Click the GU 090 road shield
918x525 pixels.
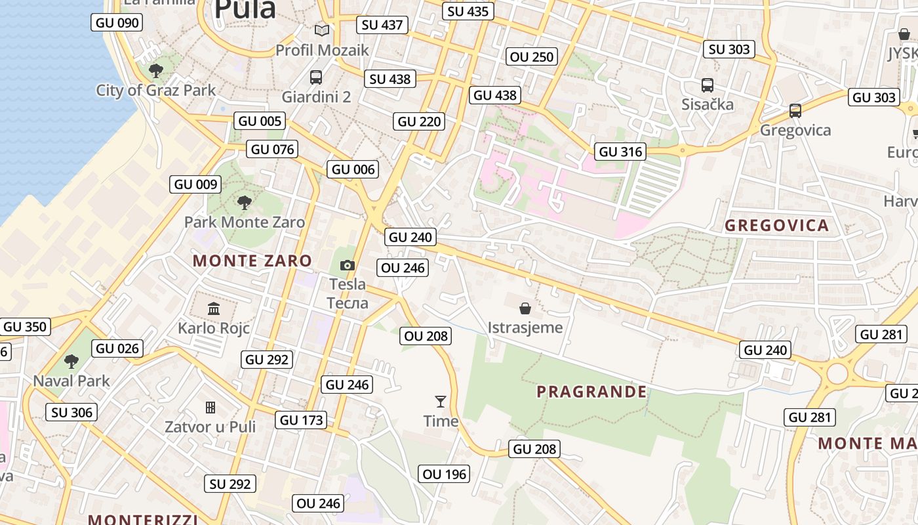coord(117,23)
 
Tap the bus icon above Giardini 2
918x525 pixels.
coord(316,77)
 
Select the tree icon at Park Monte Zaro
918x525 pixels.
coord(245,202)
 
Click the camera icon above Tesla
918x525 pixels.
coord(348,265)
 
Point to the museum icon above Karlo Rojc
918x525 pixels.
coord(214,308)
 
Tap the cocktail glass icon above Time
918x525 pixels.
coord(441,401)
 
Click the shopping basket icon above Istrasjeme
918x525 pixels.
coord(525,308)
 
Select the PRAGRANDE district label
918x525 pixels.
coord(591,392)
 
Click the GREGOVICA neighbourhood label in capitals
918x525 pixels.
coord(776,226)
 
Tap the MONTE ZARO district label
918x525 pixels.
coord(252,261)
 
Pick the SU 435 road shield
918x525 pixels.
coord(468,11)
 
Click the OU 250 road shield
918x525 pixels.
coord(532,57)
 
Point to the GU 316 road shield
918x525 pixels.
coord(621,152)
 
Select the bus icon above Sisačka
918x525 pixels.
coord(707,85)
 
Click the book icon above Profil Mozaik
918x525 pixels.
coord(321,30)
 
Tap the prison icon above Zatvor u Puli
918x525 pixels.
coord(210,408)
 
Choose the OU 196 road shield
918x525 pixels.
coord(444,474)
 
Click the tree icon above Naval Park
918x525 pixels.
coord(71,361)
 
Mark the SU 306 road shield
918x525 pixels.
coord(72,412)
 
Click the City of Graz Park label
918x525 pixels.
coord(155,91)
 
